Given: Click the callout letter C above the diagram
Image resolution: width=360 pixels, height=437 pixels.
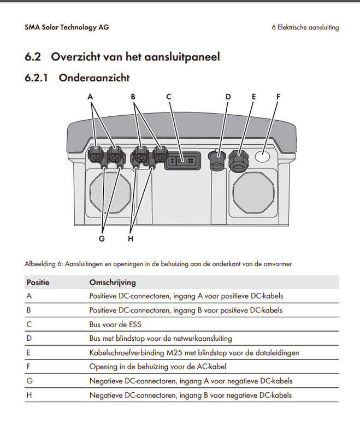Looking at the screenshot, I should coord(169,97).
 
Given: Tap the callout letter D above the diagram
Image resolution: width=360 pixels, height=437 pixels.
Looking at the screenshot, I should coord(228,97).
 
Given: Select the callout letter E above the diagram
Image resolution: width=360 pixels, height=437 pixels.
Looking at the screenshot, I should coord(253,97).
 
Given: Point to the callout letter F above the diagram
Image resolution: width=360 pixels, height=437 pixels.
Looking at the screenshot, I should coord(278,97).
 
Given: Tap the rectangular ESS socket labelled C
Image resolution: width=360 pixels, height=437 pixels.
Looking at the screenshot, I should coord(181,161).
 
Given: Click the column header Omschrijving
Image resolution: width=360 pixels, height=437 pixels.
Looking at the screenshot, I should coord(113,282).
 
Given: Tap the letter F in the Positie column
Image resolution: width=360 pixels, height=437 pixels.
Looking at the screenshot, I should coord(28,367).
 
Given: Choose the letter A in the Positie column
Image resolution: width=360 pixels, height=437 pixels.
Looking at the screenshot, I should coord(28,296).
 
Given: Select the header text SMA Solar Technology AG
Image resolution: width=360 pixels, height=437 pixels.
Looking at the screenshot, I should coord(67,27).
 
